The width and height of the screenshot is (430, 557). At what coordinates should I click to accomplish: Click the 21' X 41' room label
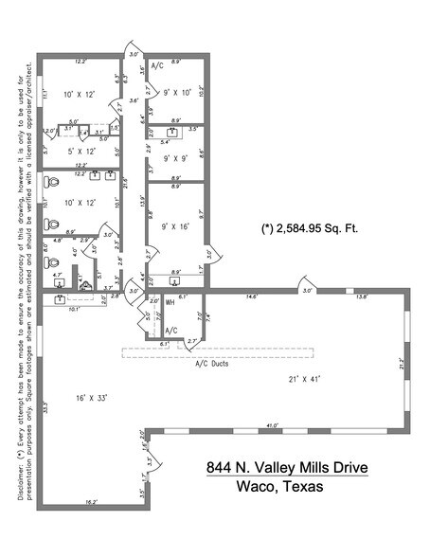point(306,378)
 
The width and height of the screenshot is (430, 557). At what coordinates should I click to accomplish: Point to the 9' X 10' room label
point(178,93)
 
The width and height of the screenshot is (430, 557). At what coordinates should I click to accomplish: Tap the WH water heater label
point(170,302)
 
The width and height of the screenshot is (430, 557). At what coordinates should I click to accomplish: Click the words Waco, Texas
point(278,488)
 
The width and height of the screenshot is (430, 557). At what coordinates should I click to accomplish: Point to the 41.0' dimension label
point(273,425)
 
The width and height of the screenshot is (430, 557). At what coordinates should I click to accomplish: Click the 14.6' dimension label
point(251,296)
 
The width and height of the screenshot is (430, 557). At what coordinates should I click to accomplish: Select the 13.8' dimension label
point(361,296)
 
